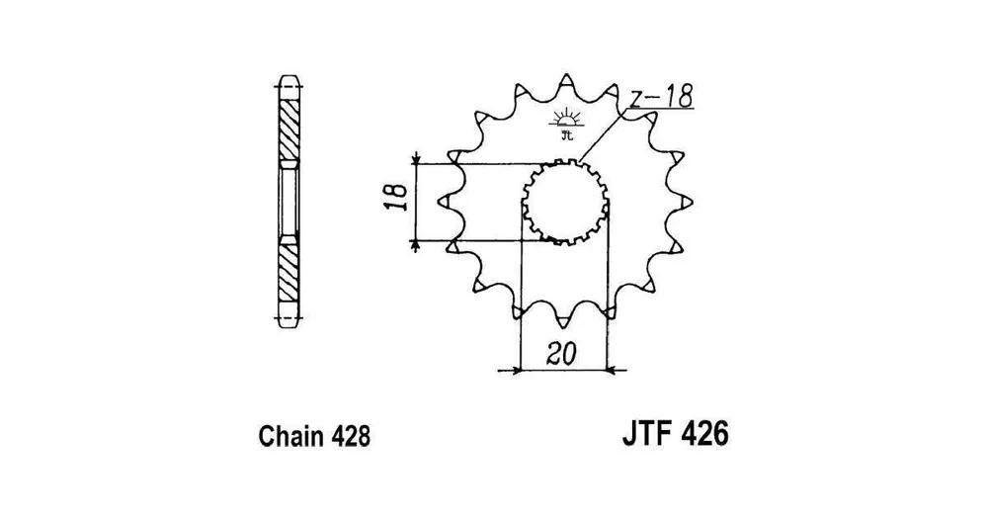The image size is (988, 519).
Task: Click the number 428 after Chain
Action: tap(348, 436)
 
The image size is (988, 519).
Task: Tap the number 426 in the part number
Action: tap(704, 433)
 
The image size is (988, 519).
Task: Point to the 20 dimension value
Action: tap(561, 355)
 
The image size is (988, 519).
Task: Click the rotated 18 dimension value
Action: tap(397, 197)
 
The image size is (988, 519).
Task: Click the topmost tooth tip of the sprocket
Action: tap(565, 78)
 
